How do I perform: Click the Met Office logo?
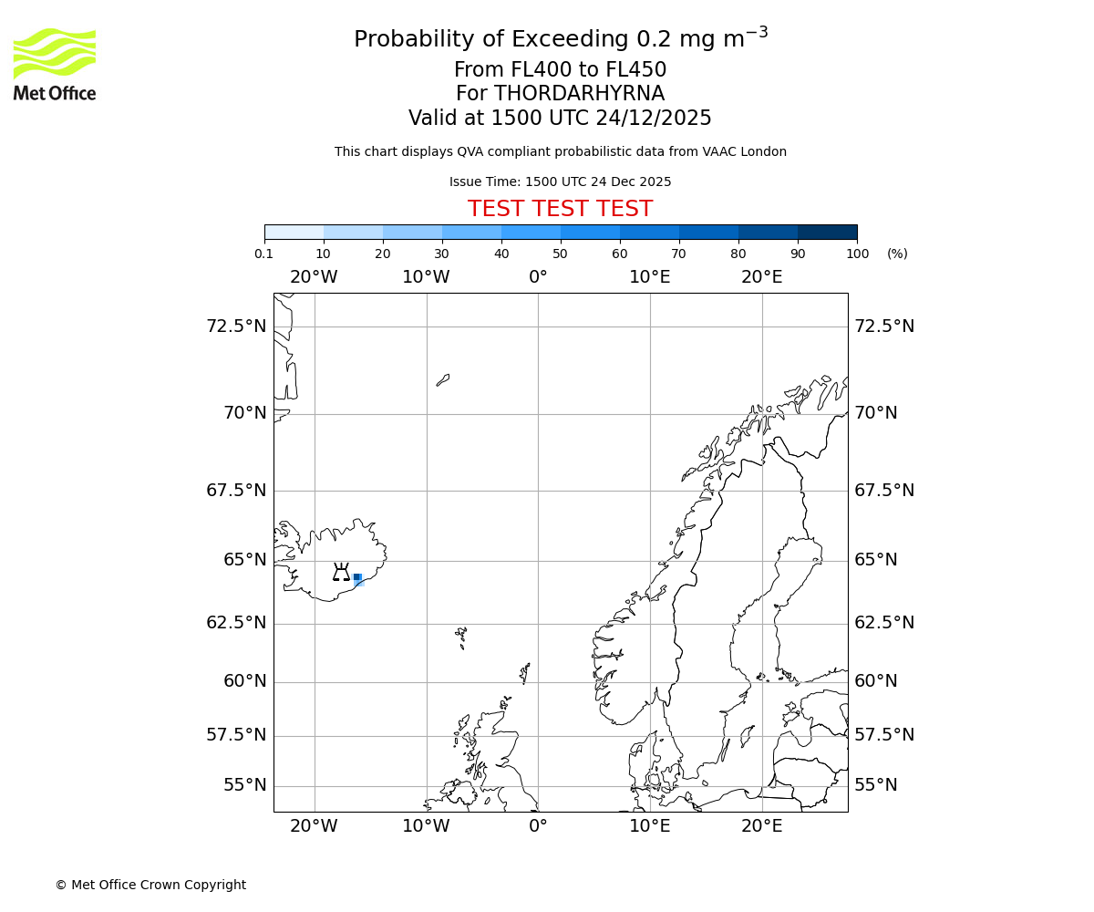click(55, 64)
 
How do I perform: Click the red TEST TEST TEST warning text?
click(560, 209)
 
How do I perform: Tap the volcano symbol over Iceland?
click(341, 572)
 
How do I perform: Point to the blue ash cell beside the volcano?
click(357, 577)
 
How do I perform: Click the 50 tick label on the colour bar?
click(560, 254)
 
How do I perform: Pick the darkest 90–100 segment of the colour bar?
click(827, 232)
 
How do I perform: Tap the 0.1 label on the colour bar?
click(263, 254)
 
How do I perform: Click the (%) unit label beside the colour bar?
click(897, 254)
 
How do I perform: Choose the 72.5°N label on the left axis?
click(236, 326)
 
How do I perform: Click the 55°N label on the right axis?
click(875, 785)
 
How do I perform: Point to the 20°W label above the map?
click(314, 277)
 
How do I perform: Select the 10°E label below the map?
click(650, 826)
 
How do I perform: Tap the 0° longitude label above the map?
click(538, 277)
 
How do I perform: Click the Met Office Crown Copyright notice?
click(150, 885)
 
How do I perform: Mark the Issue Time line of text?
click(560, 181)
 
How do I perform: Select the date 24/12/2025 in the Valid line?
click(654, 119)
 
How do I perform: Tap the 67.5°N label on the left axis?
click(236, 491)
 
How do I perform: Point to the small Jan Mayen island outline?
click(443, 379)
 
